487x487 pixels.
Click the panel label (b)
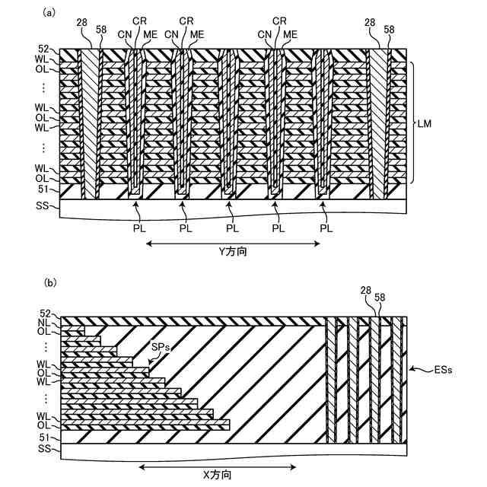click(x=50, y=283)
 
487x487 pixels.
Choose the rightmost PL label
click(x=326, y=228)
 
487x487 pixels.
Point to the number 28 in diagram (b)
click(x=366, y=291)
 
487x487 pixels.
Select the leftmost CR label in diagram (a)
click(x=139, y=21)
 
